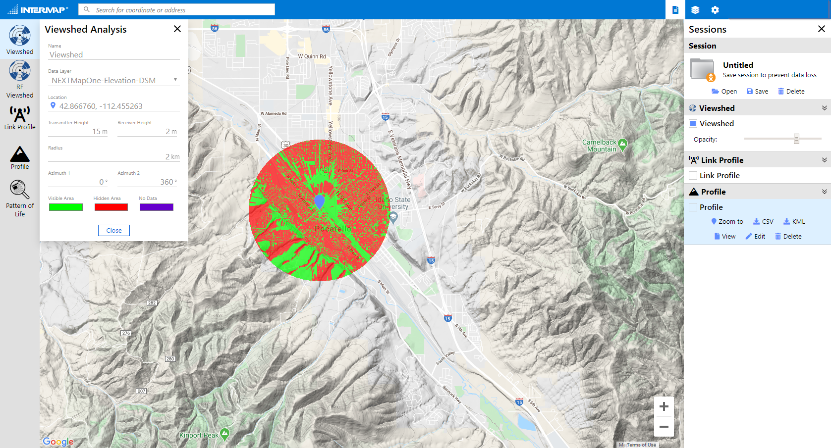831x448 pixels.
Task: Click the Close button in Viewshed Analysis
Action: pos(113,231)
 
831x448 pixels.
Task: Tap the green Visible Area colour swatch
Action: pos(65,207)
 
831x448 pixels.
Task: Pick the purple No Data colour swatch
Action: pos(156,207)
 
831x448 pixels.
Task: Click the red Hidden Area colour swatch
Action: pos(111,207)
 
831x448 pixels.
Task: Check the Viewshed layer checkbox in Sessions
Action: pos(693,124)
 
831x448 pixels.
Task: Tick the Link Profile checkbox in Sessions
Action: pos(693,176)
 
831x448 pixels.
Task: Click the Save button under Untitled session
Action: pos(758,92)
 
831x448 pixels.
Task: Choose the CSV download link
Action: pos(763,222)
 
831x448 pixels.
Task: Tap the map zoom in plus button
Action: pos(664,407)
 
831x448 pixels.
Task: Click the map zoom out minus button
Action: pos(664,427)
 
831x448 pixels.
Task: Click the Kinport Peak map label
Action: pos(199,436)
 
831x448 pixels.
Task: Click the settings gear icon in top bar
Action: pos(715,10)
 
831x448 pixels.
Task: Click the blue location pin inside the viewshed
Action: pos(320,201)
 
